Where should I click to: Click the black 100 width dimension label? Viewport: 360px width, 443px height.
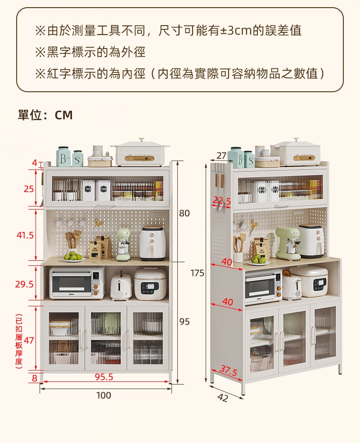click(x=103, y=395)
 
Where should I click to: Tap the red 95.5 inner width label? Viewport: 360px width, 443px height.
click(x=104, y=377)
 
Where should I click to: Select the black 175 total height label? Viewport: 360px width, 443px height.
click(x=197, y=273)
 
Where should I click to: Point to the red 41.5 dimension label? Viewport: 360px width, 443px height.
click(x=26, y=235)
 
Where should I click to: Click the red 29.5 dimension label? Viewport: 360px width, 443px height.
click(x=24, y=284)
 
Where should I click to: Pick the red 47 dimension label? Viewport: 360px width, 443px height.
click(x=29, y=340)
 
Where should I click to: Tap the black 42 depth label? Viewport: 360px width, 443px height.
click(x=223, y=398)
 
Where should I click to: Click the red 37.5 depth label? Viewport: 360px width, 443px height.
click(x=229, y=371)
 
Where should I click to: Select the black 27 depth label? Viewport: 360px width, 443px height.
click(x=221, y=156)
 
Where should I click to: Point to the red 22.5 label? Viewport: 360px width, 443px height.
click(x=222, y=201)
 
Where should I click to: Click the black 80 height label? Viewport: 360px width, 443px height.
click(x=184, y=213)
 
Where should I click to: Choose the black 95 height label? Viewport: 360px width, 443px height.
click(x=184, y=322)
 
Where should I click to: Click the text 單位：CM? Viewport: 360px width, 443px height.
click(x=45, y=115)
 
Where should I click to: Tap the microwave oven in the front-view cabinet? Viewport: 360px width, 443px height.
click(x=77, y=283)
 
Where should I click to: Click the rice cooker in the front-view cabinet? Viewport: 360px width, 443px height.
click(x=150, y=284)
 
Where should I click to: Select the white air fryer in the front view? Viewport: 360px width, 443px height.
click(x=152, y=243)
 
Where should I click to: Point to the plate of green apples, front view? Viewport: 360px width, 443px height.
click(x=74, y=258)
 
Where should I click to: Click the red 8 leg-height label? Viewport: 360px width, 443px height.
click(x=35, y=378)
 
